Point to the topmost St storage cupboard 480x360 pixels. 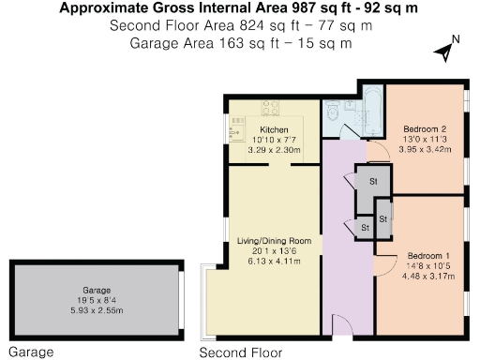pyautogui.click(x=370, y=181)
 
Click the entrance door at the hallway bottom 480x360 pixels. pyautogui.click(x=341, y=323)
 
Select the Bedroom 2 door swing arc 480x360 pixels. pyautogui.click(x=376, y=150)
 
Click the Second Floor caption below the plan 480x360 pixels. pyautogui.click(x=241, y=352)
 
